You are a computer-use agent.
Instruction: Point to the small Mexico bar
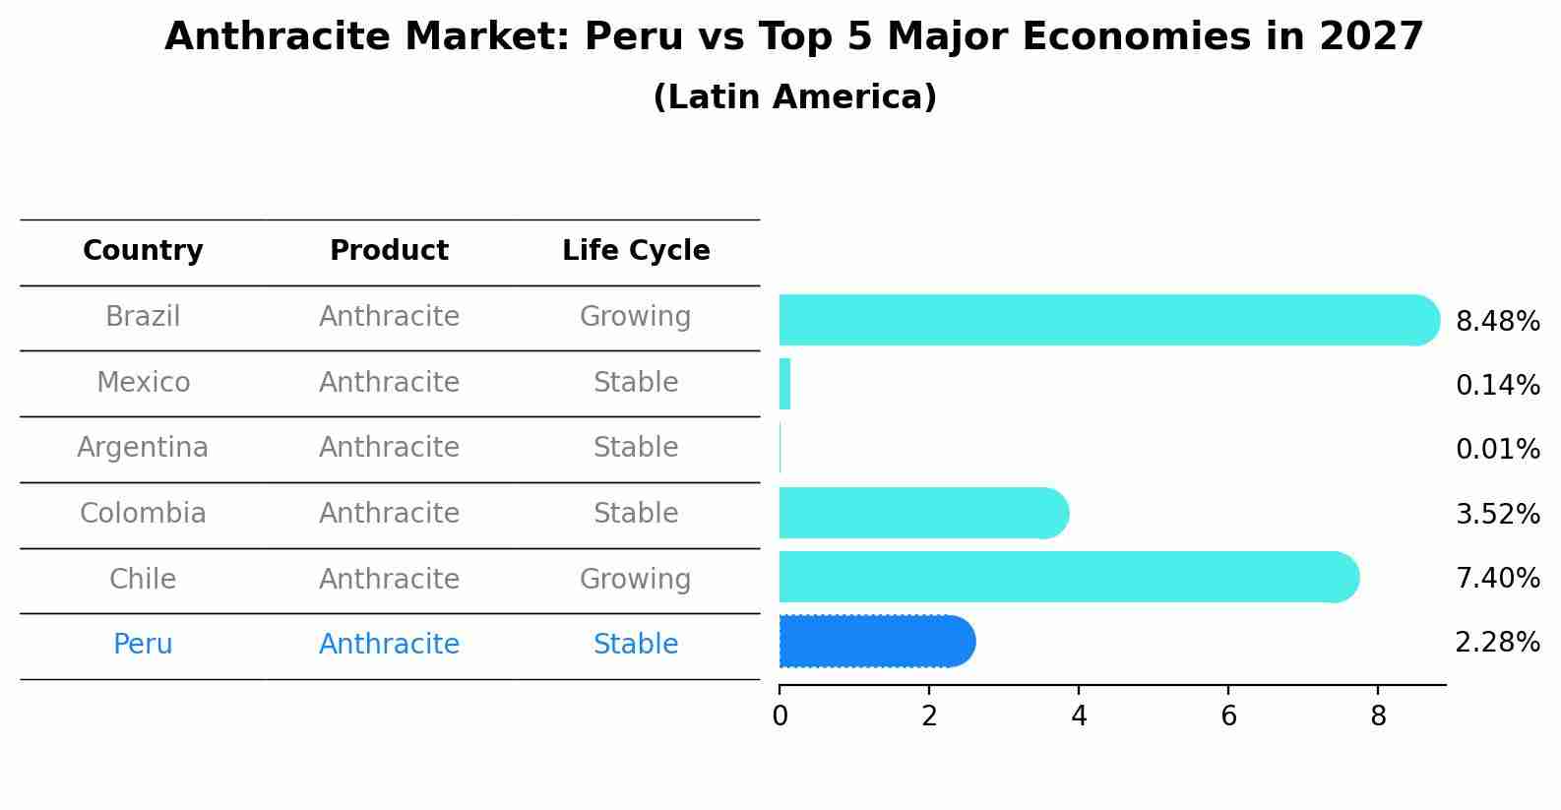(x=784, y=384)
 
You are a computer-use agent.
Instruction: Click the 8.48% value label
(x=1497, y=322)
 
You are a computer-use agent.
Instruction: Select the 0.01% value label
(x=1497, y=450)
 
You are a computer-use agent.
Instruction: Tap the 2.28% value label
(x=1497, y=643)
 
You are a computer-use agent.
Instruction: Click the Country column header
(x=143, y=251)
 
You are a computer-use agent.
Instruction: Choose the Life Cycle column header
(x=636, y=251)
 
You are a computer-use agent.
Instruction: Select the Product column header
(x=389, y=251)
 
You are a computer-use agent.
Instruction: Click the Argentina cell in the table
(x=143, y=448)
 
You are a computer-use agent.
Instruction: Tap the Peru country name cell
(x=143, y=645)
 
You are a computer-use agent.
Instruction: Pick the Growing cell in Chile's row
(x=635, y=579)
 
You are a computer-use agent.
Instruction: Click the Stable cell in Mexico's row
(x=636, y=382)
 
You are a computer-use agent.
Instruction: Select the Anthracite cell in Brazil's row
(x=389, y=317)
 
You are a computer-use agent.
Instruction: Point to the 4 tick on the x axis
(x=1079, y=717)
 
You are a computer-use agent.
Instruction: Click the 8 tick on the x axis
(x=1378, y=717)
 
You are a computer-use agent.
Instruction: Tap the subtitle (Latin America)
(x=794, y=97)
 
